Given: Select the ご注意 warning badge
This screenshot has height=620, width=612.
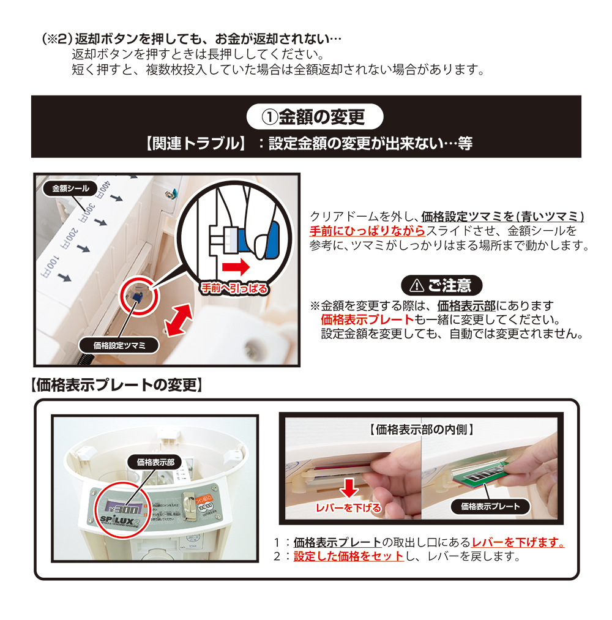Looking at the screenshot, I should pos(441,285).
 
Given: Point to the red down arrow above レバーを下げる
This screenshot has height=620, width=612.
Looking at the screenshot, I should pos(348,488).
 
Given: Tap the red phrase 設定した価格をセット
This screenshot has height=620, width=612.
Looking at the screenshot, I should pos(348,557).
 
